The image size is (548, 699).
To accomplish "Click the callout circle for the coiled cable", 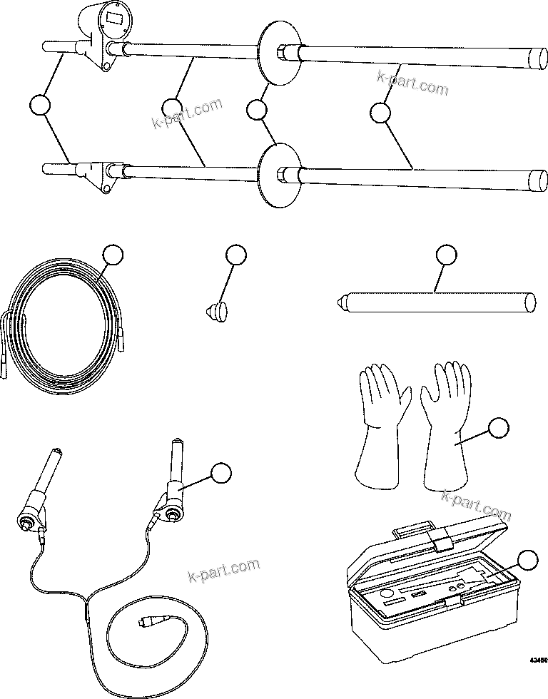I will point(113,255).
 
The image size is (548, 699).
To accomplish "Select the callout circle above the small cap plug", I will point(235,255).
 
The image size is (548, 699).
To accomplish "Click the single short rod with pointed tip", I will point(435,300).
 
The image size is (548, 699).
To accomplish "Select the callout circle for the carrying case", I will point(527,561).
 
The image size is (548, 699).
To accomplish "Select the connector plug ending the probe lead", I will point(146,622).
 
